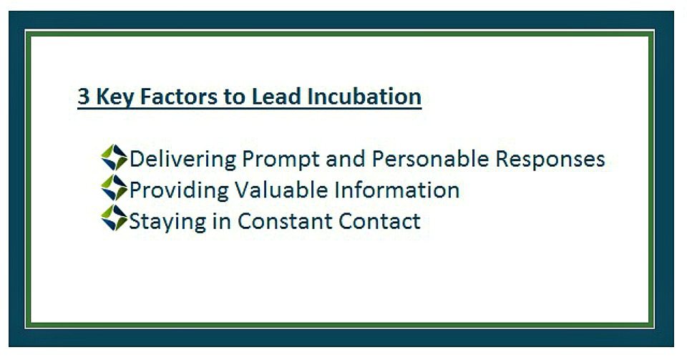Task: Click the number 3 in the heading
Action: tap(84, 97)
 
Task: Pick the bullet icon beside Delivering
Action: tap(114, 157)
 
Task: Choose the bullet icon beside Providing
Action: tap(114, 188)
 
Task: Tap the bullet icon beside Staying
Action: tap(114, 218)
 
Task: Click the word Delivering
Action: tap(182, 159)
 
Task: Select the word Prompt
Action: tap(280, 160)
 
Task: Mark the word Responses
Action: tap(550, 160)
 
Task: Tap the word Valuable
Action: tap(281, 190)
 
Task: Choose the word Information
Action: tap(397, 190)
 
